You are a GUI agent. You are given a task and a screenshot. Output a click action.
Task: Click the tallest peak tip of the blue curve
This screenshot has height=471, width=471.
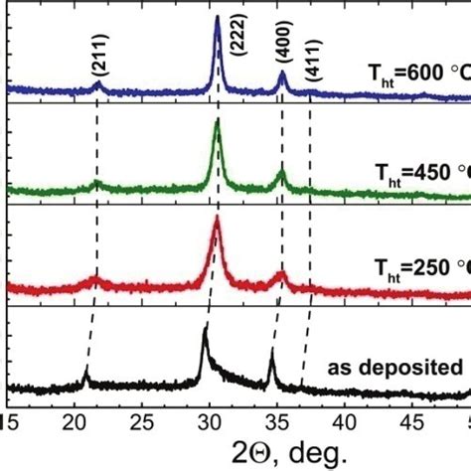pos(217,18)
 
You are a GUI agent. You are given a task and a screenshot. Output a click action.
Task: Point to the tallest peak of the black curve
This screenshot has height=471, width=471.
pos(205,325)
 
